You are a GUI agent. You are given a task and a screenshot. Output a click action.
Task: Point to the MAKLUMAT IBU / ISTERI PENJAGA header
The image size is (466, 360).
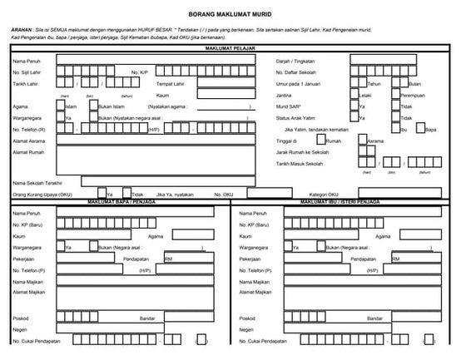pos(340,202)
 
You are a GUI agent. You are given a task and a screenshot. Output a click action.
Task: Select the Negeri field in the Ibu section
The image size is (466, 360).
pos(366,328)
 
